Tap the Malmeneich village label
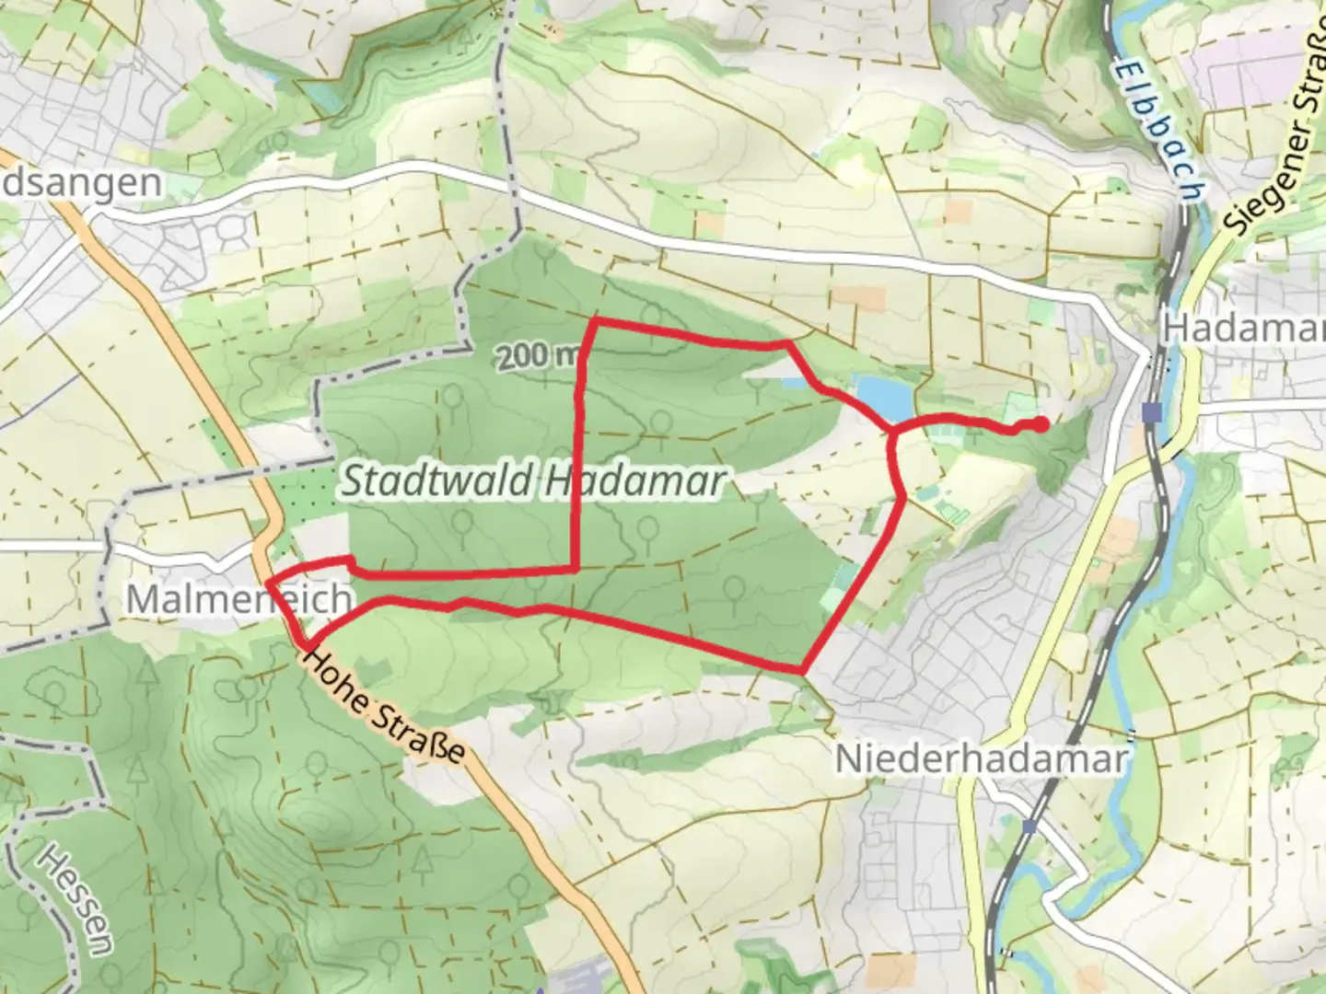click(x=238, y=600)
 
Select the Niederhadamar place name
click(x=981, y=760)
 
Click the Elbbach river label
click(x=1160, y=129)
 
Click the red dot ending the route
click(x=1040, y=424)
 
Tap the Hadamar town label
click(x=1243, y=329)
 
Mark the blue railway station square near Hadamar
click(x=1151, y=411)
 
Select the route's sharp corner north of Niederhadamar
click(x=803, y=669)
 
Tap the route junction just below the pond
click(x=891, y=430)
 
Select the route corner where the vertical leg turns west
click(x=576, y=569)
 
